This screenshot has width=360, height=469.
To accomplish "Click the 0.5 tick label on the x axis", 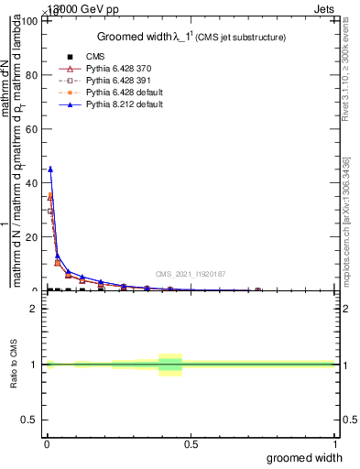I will (x=191, y=443).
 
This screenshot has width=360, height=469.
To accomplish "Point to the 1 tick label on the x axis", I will (x=334, y=443).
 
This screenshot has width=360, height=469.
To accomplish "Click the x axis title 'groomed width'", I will (x=305, y=457).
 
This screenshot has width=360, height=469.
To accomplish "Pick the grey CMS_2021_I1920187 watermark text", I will (x=191, y=273).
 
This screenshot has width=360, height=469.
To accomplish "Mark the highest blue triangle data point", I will (x=50, y=169).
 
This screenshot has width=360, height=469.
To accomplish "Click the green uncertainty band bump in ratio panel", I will (x=170, y=365).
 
